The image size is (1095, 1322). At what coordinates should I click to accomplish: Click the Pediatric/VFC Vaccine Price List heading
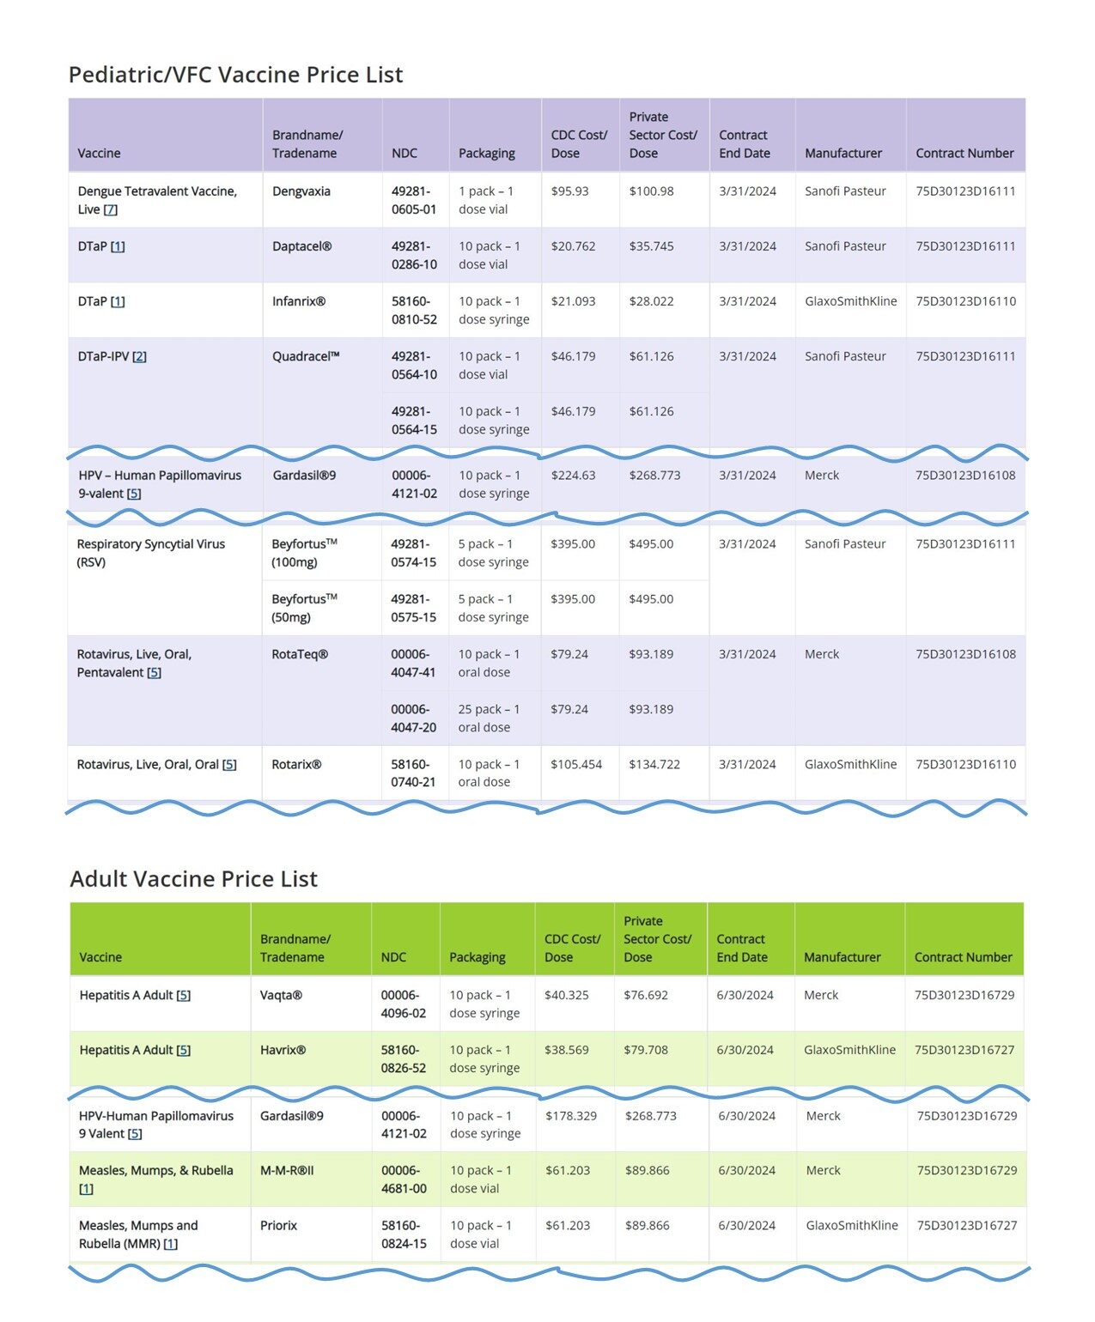pyautogui.click(x=235, y=75)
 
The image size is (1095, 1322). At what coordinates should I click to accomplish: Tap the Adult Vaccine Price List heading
pyautogui.click(x=193, y=879)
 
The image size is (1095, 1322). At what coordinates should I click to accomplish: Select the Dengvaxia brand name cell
pyautogui.click(x=301, y=191)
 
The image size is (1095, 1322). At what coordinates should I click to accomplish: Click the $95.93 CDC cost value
pyautogui.click(x=569, y=191)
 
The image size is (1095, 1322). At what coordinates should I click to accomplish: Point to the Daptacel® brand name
pyautogui.click(x=301, y=246)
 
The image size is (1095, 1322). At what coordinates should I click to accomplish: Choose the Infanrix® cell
pyautogui.click(x=298, y=301)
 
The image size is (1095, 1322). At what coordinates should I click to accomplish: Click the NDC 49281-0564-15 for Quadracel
pyautogui.click(x=414, y=421)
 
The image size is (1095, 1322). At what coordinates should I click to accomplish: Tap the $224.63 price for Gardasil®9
pyautogui.click(x=573, y=476)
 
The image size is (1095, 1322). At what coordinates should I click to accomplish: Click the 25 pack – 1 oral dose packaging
pyautogui.click(x=489, y=719)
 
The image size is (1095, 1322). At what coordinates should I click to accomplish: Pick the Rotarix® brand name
pyautogui.click(x=296, y=765)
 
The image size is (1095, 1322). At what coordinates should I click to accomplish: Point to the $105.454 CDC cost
pyautogui.click(x=576, y=765)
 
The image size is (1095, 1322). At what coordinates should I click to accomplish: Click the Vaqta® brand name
pyautogui.click(x=281, y=996)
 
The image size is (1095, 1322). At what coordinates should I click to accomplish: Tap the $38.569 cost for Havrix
pyautogui.click(x=566, y=1050)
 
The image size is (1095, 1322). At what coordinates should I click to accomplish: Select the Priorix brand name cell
pyautogui.click(x=278, y=1226)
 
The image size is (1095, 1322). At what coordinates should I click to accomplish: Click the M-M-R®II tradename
pyautogui.click(x=287, y=1171)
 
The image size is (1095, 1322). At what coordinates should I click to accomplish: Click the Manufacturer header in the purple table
pyautogui.click(x=843, y=154)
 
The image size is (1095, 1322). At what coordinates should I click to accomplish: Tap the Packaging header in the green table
pyautogui.click(x=477, y=957)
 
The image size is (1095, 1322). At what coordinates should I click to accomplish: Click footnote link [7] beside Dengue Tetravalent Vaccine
pyautogui.click(x=110, y=210)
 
